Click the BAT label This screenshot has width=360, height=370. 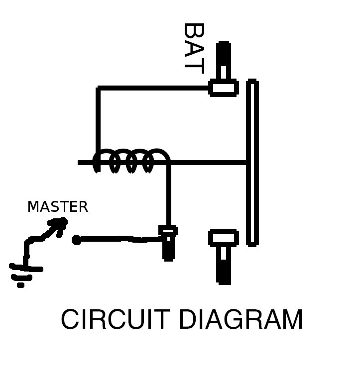[194, 48]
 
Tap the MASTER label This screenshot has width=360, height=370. [57, 206]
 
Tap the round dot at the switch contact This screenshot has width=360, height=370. [76, 241]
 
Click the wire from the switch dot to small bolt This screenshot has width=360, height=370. [120, 240]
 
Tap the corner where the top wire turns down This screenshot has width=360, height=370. [99, 89]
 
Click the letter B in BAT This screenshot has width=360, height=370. [194, 32]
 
